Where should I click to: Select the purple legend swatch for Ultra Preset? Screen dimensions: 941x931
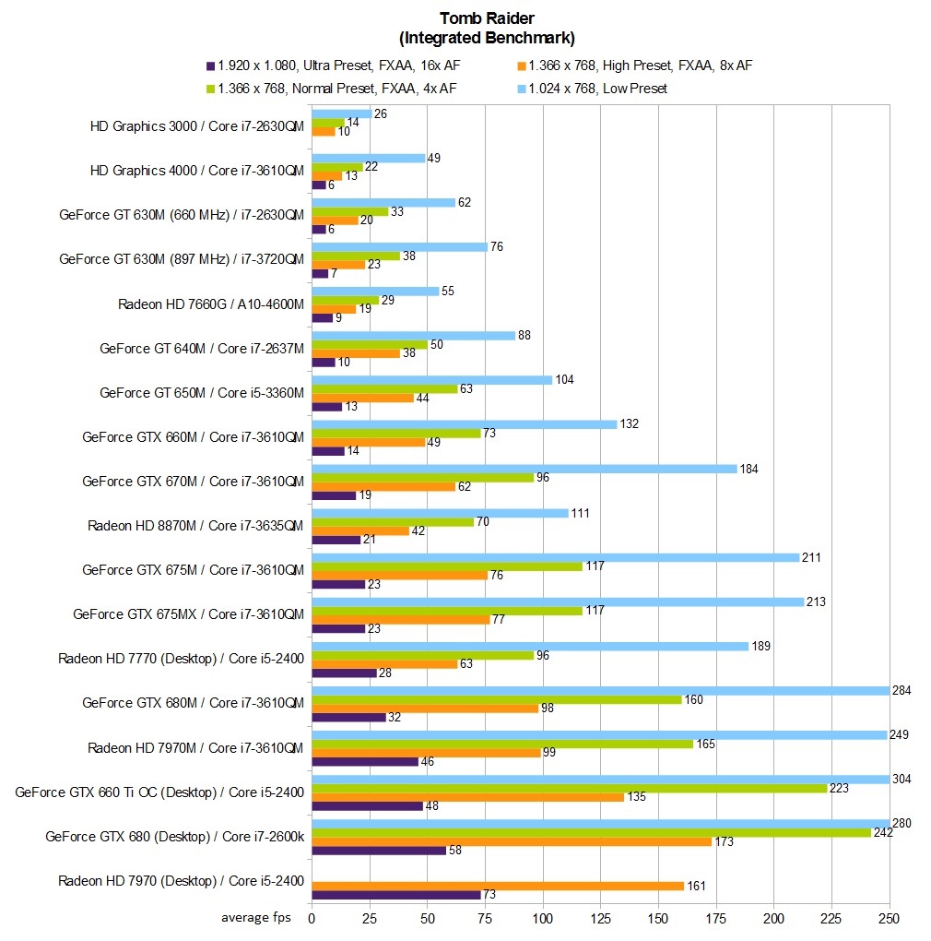pos(210,66)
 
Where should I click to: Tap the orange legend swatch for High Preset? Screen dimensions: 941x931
pos(521,66)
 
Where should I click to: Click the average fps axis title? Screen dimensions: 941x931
pos(255,918)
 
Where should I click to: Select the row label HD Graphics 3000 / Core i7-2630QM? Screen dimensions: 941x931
pos(196,126)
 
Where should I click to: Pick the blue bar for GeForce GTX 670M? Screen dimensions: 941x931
pos(524,469)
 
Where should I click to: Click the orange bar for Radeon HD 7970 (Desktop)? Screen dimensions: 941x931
pos(498,886)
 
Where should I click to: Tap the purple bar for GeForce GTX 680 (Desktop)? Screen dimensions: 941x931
pos(379,850)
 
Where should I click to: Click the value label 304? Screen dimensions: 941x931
pos(902,778)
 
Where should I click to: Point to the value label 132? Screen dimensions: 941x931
pos(629,423)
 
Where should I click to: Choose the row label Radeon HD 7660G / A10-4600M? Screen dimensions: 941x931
pos(211,304)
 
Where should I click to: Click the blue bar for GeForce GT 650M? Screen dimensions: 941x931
pos(432,379)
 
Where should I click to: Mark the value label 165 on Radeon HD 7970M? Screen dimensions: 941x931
pos(705,743)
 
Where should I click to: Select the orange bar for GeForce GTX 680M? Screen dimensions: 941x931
pos(425,708)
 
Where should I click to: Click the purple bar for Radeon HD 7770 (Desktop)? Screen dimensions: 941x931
pos(344,673)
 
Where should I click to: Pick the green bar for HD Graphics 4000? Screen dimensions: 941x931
pos(336,167)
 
